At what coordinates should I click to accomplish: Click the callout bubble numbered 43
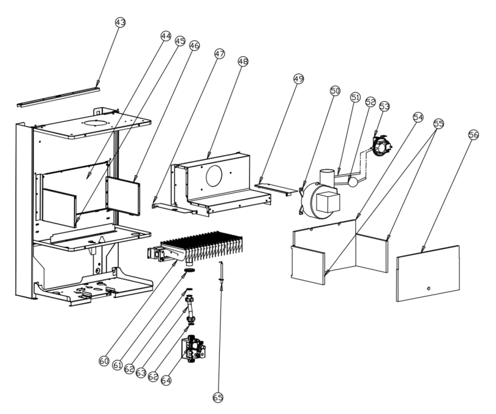click(120, 23)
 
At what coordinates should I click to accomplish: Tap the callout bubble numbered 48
click(243, 61)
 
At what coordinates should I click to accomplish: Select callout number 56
click(473, 135)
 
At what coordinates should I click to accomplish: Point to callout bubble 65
click(218, 397)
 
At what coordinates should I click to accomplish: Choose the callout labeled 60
click(104, 361)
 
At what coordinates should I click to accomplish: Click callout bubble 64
click(166, 380)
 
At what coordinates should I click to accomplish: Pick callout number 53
click(385, 107)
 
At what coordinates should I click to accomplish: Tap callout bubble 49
click(298, 78)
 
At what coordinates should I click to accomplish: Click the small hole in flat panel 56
click(429, 288)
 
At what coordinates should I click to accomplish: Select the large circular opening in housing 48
click(214, 176)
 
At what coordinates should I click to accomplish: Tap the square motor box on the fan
click(328, 203)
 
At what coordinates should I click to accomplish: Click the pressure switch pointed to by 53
click(383, 146)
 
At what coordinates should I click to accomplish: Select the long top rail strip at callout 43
click(59, 97)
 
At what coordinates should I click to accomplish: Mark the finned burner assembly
click(195, 249)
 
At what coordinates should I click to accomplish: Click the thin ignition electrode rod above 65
click(222, 272)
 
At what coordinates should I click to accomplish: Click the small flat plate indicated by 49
click(274, 189)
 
